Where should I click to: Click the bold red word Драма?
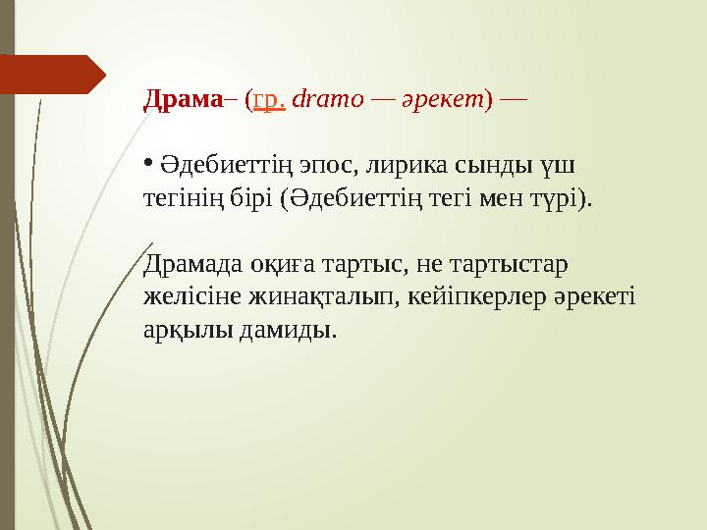pyautogui.click(x=183, y=99)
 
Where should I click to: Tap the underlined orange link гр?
pyautogui.click(x=269, y=100)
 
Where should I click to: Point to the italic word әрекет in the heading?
pyautogui.click(x=442, y=99)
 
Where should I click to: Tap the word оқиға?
pyautogui.click(x=268, y=263)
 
